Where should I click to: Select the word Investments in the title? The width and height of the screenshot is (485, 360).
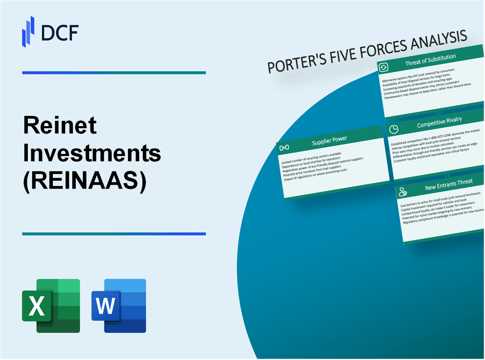(x=92, y=153)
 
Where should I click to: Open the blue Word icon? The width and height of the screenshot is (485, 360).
(x=119, y=305)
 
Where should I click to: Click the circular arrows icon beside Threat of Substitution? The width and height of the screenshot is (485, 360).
(x=383, y=67)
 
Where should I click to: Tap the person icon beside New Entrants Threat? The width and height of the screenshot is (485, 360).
(x=403, y=191)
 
